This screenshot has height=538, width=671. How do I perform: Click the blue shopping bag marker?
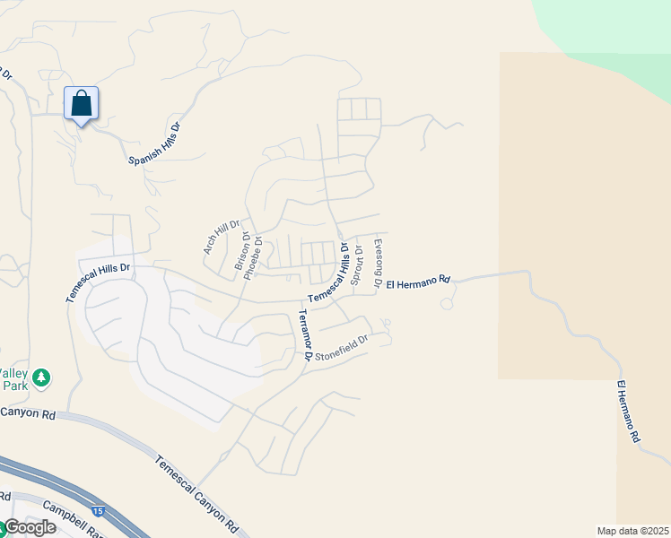point(82,105)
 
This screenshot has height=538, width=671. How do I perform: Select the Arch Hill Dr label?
point(222,238)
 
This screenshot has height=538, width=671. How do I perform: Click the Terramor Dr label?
point(305,334)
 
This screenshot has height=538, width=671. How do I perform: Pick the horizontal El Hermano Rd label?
point(417,282)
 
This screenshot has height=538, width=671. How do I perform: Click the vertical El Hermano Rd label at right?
point(628,412)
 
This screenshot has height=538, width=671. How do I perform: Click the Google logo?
point(30,527)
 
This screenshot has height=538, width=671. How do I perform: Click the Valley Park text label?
point(14,379)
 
